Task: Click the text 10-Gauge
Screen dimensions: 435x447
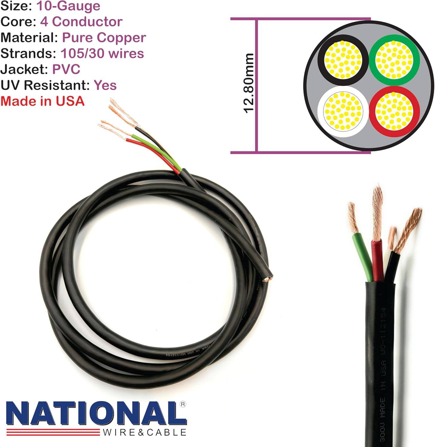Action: pyautogui.click(x=68, y=6)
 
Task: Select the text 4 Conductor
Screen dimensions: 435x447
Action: pyautogui.click(x=81, y=22)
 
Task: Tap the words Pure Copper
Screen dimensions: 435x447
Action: pyautogui.click(x=104, y=38)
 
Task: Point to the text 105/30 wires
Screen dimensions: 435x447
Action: pyautogui.click(x=102, y=53)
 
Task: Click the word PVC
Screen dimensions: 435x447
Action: pyautogui.click(x=66, y=69)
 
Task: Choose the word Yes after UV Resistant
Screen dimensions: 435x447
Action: pyautogui.click(x=105, y=85)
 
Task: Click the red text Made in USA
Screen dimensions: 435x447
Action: pyautogui.click(x=43, y=101)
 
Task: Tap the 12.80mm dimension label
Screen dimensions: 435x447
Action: pyautogui.click(x=249, y=83)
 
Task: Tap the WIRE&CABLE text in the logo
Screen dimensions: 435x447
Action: pyautogui.click(x=145, y=432)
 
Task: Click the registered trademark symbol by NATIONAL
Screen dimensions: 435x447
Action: pyautogui.click(x=183, y=404)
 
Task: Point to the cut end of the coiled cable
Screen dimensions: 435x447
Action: pyautogui.click(x=268, y=279)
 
